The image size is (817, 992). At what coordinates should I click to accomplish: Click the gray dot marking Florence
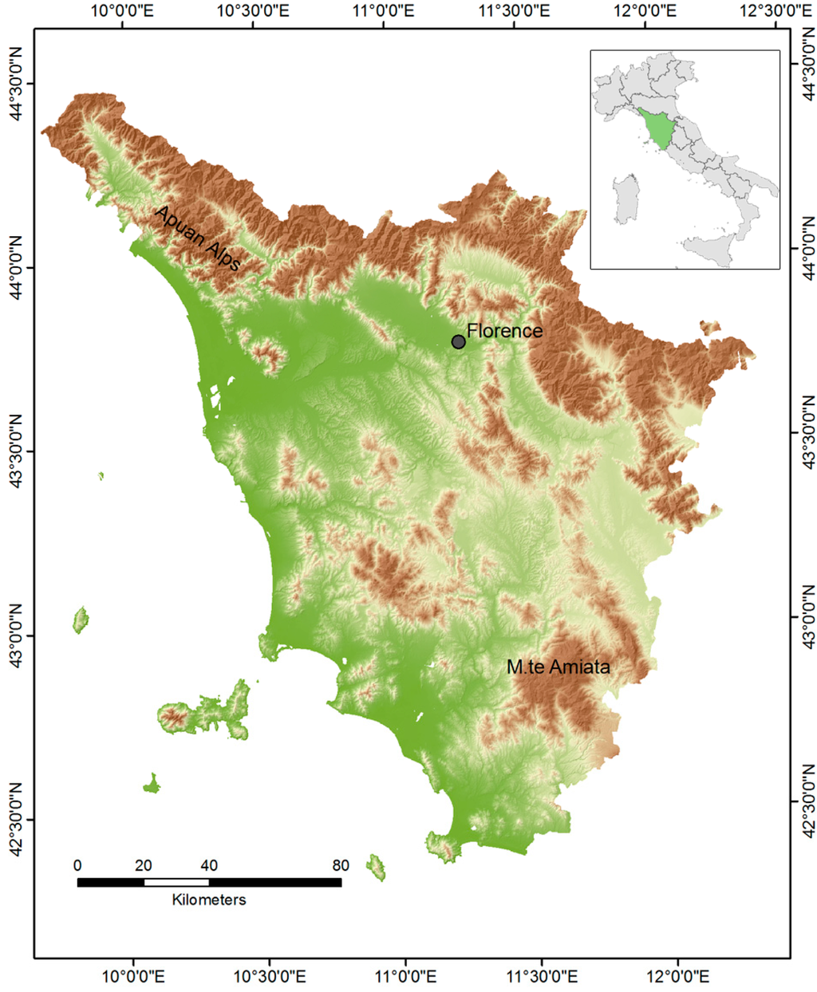click(459, 341)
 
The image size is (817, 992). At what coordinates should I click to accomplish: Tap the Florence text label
click(504, 330)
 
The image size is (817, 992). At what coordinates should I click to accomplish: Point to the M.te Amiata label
click(558, 667)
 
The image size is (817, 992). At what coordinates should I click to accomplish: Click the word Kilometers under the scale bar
click(209, 900)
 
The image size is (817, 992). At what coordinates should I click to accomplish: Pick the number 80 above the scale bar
click(341, 866)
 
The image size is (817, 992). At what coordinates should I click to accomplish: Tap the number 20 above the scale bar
click(144, 866)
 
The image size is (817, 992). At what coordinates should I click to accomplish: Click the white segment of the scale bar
click(176, 883)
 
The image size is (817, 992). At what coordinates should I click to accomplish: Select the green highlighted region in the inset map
click(658, 128)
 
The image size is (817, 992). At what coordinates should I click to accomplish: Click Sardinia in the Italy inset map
click(626, 199)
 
